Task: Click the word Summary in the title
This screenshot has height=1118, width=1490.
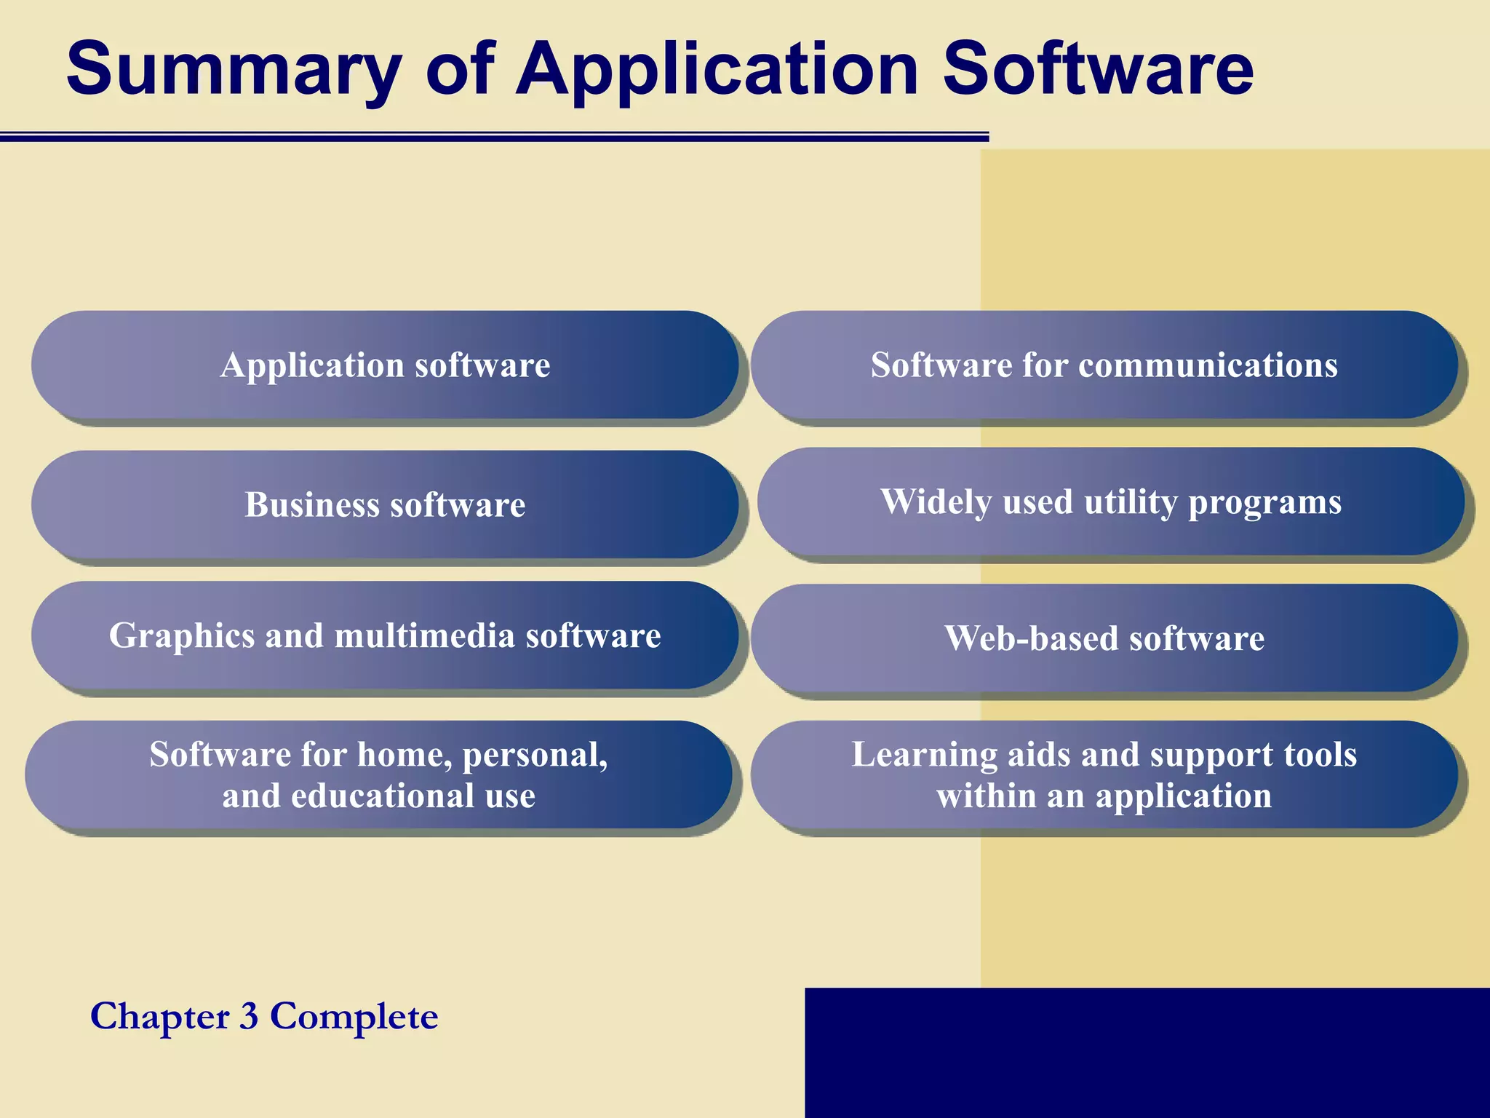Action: (x=233, y=70)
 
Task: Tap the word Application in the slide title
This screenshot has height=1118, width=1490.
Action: (x=717, y=70)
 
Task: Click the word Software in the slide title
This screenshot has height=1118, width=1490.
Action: (x=1097, y=70)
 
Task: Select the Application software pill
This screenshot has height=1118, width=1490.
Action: (x=385, y=365)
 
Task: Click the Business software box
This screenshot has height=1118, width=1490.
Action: (x=385, y=504)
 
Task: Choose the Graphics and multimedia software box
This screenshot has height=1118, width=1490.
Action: (x=385, y=635)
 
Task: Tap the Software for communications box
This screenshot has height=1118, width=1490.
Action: (x=1104, y=365)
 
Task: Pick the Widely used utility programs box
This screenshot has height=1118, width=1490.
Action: (x=1110, y=501)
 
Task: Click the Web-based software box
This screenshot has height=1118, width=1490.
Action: (x=1104, y=638)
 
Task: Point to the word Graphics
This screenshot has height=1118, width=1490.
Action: (x=181, y=635)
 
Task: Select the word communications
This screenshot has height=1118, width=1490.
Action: (x=1208, y=365)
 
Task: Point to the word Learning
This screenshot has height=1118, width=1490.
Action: (x=924, y=755)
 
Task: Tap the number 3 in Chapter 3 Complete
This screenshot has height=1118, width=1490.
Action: (x=249, y=1016)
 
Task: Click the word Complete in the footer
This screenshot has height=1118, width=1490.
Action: (x=354, y=1017)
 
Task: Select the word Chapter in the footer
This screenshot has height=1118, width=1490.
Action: (x=159, y=1016)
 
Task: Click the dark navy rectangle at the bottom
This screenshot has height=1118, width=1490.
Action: (x=1147, y=1052)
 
